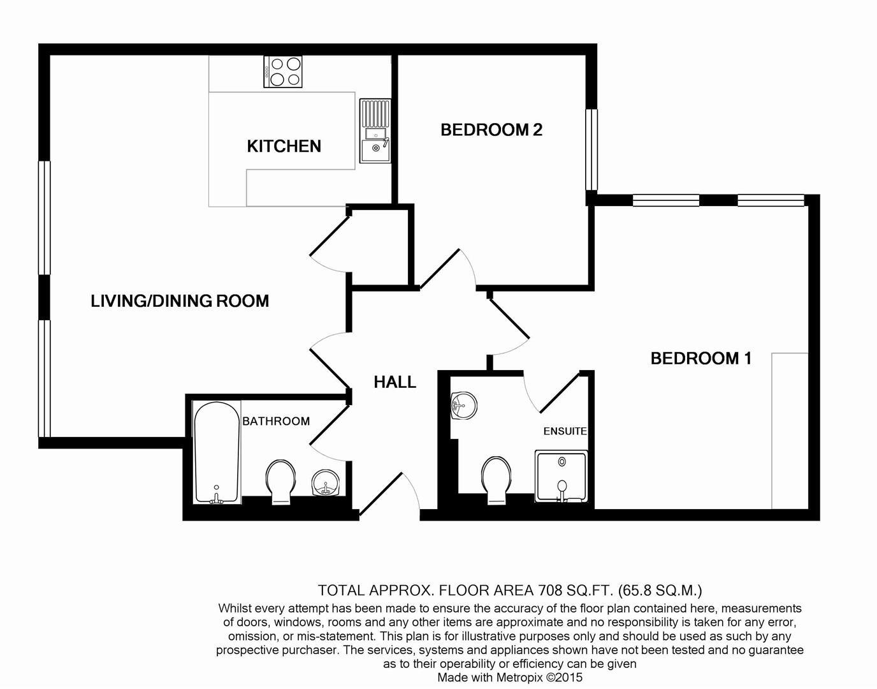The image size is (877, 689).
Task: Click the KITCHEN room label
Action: pyautogui.click(x=284, y=146)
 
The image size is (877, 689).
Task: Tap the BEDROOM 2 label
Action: pyautogui.click(x=491, y=130)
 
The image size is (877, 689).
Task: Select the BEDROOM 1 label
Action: pyautogui.click(x=701, y=359)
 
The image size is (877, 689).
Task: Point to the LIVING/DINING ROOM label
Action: pyautogui.click(x=180, y=301)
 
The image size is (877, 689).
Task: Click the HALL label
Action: pyautogui.click(x=395, y=382)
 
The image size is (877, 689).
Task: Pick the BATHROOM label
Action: pyautogui.click(x=276, y=421)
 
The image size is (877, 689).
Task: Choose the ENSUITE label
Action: pyautogui.click(x=565, y=431)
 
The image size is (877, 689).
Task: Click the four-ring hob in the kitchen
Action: pyautogui.click(x=283, y=71)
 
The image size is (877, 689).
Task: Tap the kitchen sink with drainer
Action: pyautogui.click(x=375, y=131)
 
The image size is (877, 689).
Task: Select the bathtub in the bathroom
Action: pyautogui.click(x=216, y=452)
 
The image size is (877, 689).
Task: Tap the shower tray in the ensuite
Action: pyautogui.click(x=561, y=477)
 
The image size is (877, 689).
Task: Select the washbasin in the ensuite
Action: pyautogui.click(x=462, y=406)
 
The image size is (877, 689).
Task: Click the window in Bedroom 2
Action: pyautogui.click(x=591, y=150)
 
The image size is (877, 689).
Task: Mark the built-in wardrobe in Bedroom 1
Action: pyautogui.click(x=790, y=431)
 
